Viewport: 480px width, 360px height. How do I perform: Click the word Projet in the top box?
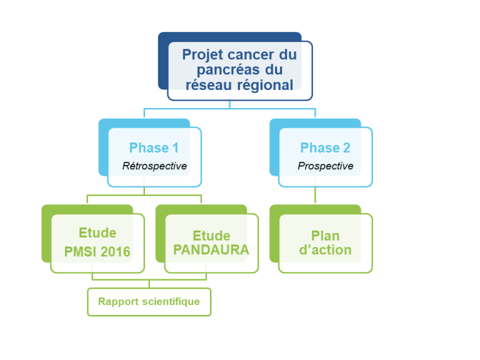coord(201,54)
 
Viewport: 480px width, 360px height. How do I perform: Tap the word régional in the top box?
coord(263,85)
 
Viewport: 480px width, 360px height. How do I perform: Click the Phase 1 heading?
coord(154,148)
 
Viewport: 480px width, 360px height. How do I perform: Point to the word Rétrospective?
coord(154,166)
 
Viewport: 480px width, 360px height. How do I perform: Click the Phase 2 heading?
coord(325,148)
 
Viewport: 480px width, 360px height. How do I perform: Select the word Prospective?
coord(325,166)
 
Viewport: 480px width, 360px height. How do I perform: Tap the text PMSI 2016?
coord(97,252)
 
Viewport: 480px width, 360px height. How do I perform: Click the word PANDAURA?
coord(211,250)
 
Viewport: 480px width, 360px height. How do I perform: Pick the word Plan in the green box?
coord(325,236)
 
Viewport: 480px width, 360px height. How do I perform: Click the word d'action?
coord(325,251)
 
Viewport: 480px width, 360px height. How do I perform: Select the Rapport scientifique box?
coord(149,302)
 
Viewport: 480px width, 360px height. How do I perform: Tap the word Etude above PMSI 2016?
coord(97,233)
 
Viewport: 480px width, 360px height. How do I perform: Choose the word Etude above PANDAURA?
coord(211,236)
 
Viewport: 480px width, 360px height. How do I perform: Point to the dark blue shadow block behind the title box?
coord(163,62)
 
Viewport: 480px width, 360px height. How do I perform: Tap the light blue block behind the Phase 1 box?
coord(103,150)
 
